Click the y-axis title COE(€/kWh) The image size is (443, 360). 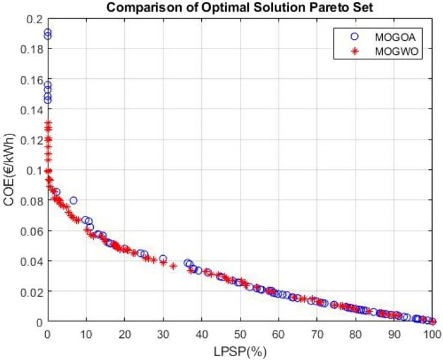click(9, 170)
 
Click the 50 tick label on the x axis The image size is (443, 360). click(240, 334)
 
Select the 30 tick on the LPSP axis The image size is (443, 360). click(163, 334)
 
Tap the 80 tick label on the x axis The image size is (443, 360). click(356, 334)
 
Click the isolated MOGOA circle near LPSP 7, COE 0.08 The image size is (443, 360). click(73, 200)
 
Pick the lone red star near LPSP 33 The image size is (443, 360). click(173, 266)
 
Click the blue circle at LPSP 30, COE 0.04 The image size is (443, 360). click(163, 259)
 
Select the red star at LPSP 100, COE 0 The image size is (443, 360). click(433, 321)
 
